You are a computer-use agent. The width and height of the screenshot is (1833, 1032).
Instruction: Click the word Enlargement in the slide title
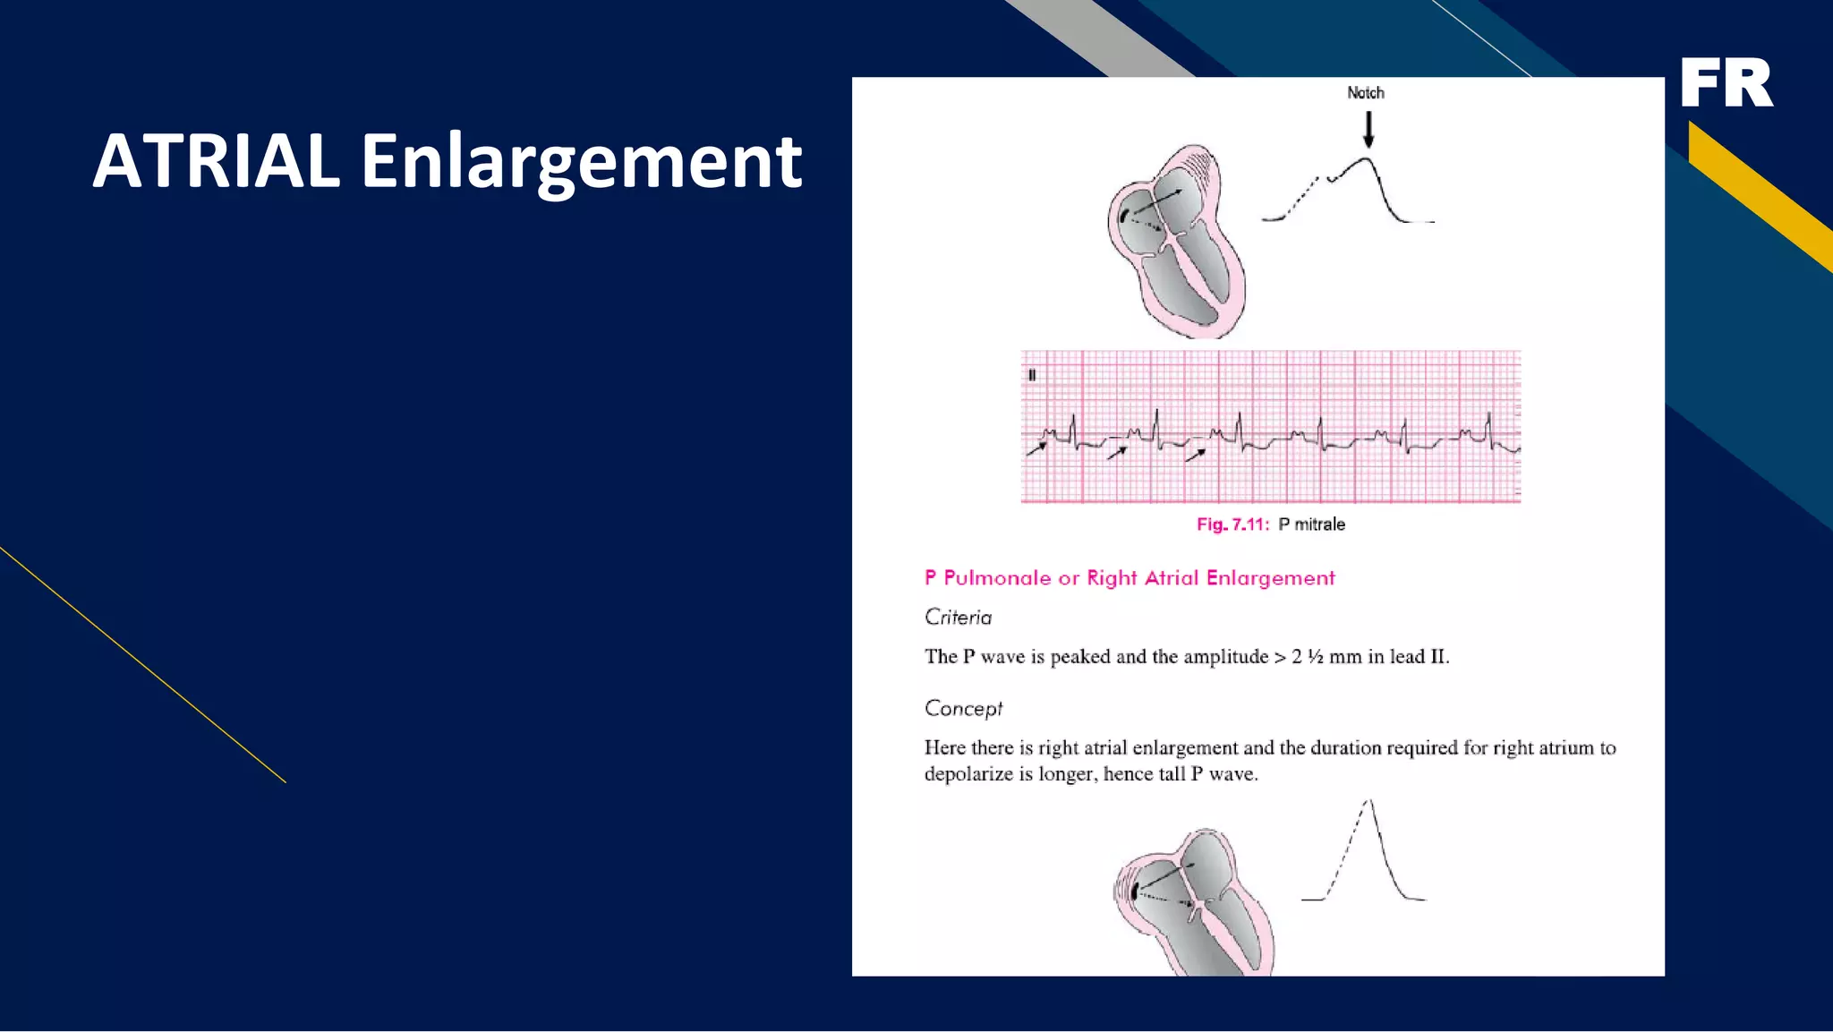click(x=581, y=162)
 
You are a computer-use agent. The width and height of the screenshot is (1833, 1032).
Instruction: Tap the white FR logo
click(x=1726, y=82)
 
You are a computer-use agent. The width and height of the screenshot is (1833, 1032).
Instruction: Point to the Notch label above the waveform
click(x=1365, y=93)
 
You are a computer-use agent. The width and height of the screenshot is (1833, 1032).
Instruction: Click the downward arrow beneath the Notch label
click(x=1368, y=130)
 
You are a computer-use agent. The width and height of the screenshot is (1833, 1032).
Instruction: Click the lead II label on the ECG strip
click(x=1032, y=376)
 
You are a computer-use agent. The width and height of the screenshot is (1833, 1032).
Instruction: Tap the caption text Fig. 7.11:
click(x=1232, y=525)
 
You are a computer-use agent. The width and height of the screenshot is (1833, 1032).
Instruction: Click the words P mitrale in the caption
click(x=1311, y=525)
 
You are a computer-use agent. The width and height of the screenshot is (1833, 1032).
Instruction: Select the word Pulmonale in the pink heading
click(x=997, y=578)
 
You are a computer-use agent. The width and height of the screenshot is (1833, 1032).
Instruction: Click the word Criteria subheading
click(x=958, y=618)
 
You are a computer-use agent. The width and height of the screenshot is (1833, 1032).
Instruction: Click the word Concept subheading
click(x=963, y=709)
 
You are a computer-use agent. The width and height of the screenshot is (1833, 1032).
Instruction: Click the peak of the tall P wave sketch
click(x=1369, y=802)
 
